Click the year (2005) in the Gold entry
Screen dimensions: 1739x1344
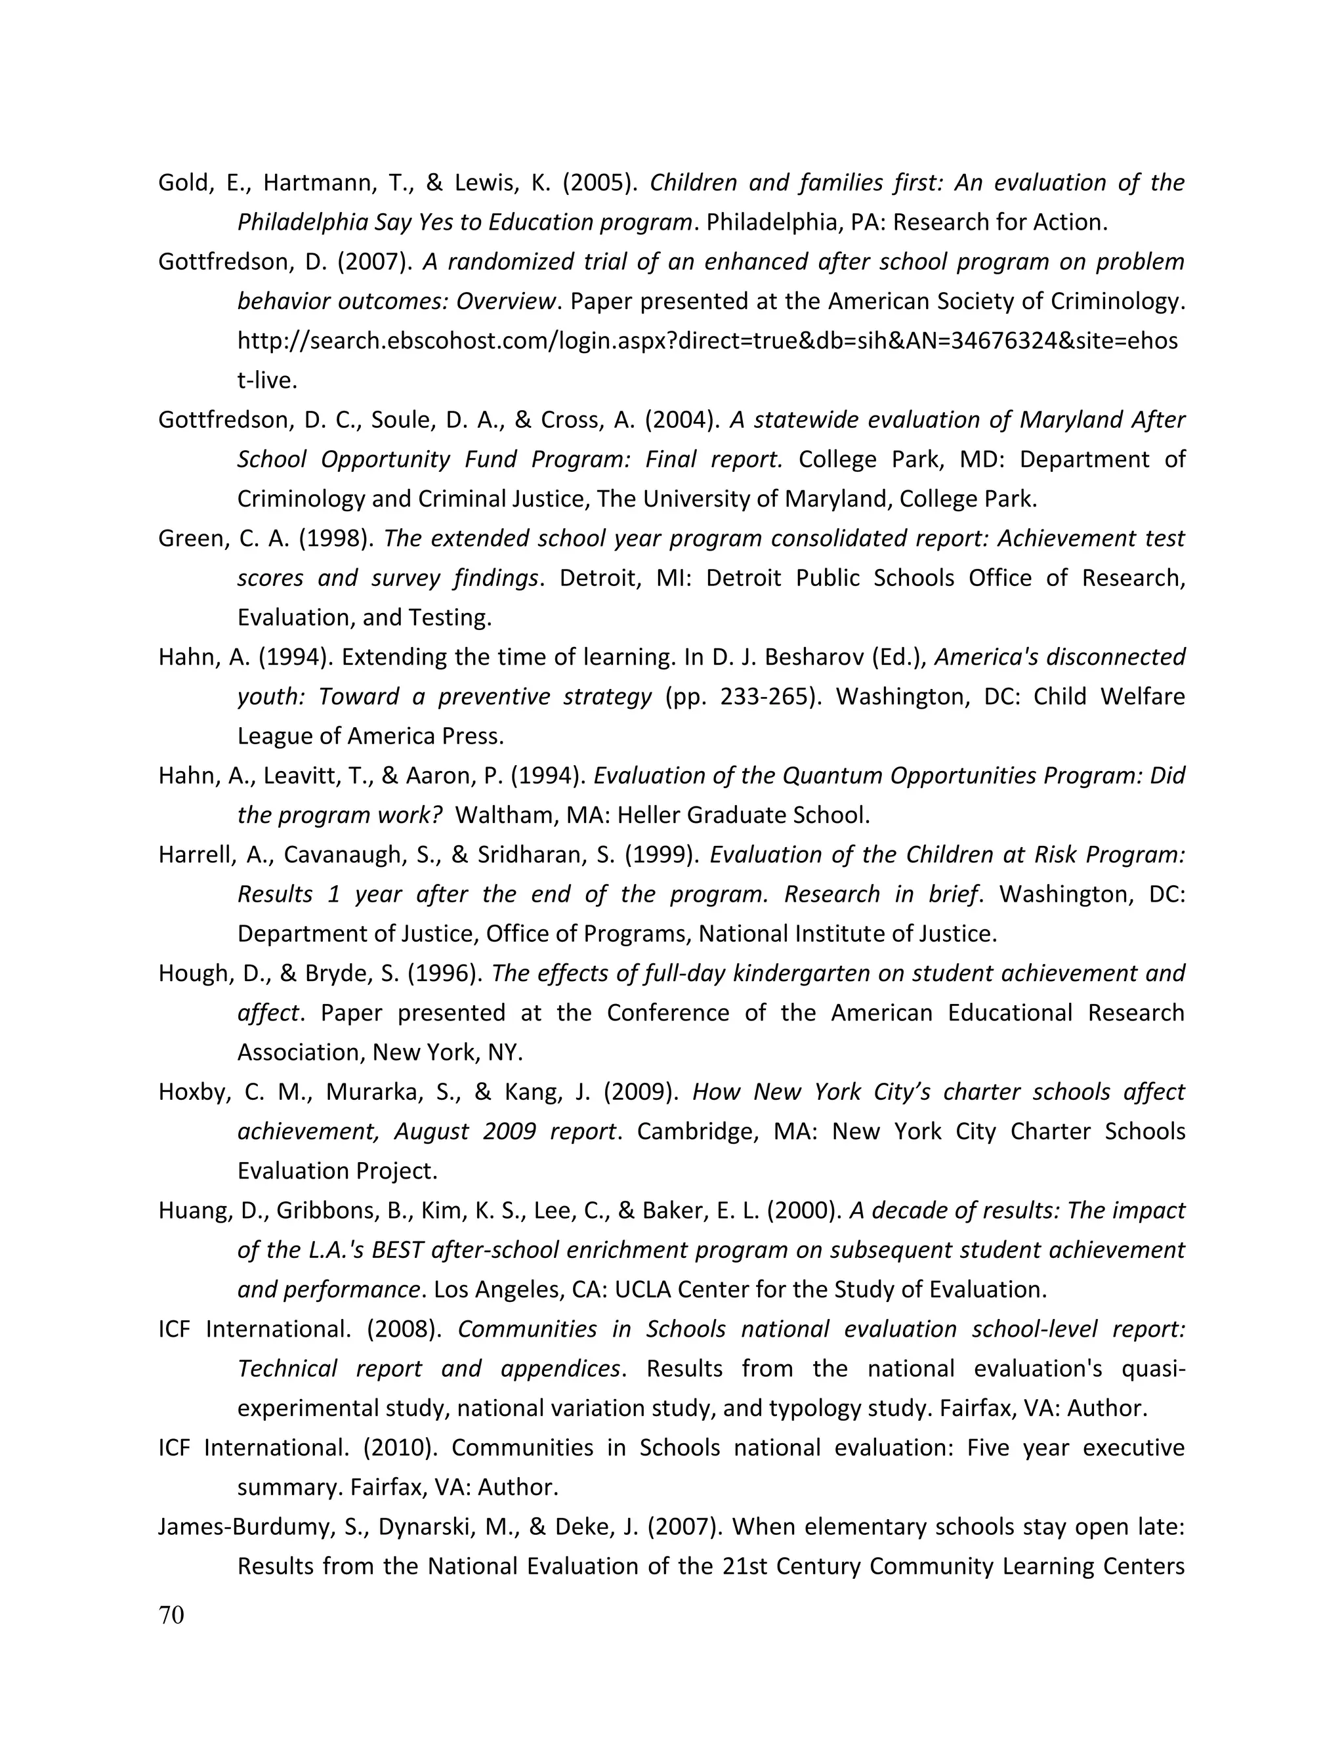[600, 183]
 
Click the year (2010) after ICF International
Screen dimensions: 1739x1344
[400, 1448]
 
